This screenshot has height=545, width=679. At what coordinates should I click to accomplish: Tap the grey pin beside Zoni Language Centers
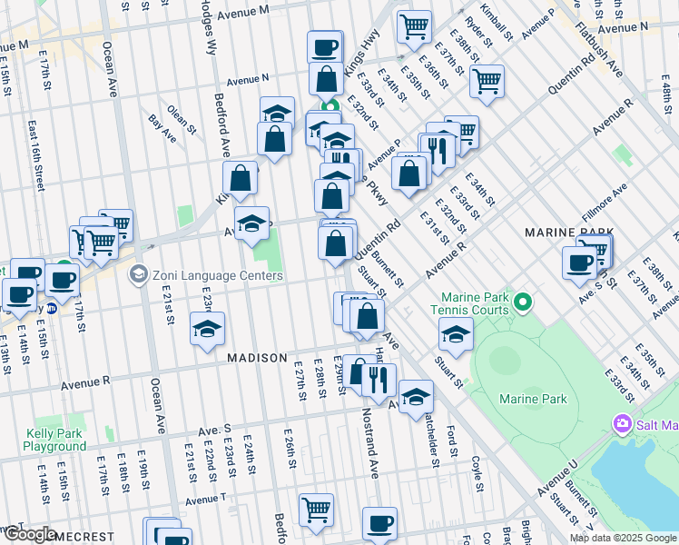[x=139, y=273]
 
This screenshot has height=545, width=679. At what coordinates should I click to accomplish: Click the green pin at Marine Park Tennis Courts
[x=522, y=302]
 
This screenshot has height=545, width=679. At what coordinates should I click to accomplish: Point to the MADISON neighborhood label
[x=257, y=359]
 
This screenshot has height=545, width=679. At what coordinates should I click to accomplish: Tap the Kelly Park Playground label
[x=55, y=441]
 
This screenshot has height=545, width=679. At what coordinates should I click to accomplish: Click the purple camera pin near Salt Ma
[x=623, y=423]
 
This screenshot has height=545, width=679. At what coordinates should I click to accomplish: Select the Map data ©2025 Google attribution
[x=623, y=538]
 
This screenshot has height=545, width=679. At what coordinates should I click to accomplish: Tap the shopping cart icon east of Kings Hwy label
[x=414, y=26]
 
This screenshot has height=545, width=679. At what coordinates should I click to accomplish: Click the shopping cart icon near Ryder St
[x=487, y=81]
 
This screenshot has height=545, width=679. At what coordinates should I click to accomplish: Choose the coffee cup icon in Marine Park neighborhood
[x=579, y=263]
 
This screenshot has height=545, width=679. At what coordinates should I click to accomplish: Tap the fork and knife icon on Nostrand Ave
[x=379, y=380]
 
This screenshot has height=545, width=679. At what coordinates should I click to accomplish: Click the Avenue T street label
[x=205, y=500]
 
